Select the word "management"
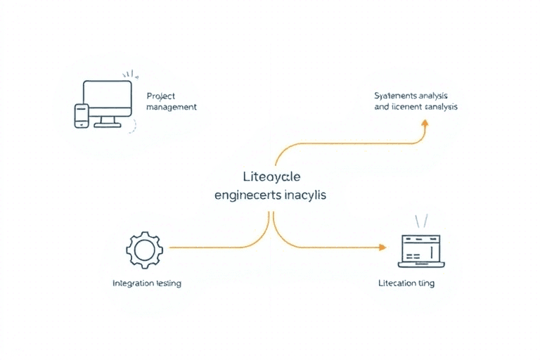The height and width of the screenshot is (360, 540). (172, 108)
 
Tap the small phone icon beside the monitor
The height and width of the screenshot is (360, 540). (82, 116)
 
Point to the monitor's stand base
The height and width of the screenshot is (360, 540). (108, 125)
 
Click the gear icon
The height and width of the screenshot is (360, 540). (144, 247)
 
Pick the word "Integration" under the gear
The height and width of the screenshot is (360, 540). (133, 283)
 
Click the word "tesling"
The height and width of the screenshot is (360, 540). (168, 283)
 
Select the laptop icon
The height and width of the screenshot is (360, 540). (420, 250)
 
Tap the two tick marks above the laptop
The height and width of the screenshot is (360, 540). (420, 221)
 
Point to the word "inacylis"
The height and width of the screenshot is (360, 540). (306, 194)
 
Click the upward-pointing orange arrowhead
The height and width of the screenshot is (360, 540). (424, 123)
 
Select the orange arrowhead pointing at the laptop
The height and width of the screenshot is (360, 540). (382, 247)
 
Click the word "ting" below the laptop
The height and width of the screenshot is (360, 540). (427, 283)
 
